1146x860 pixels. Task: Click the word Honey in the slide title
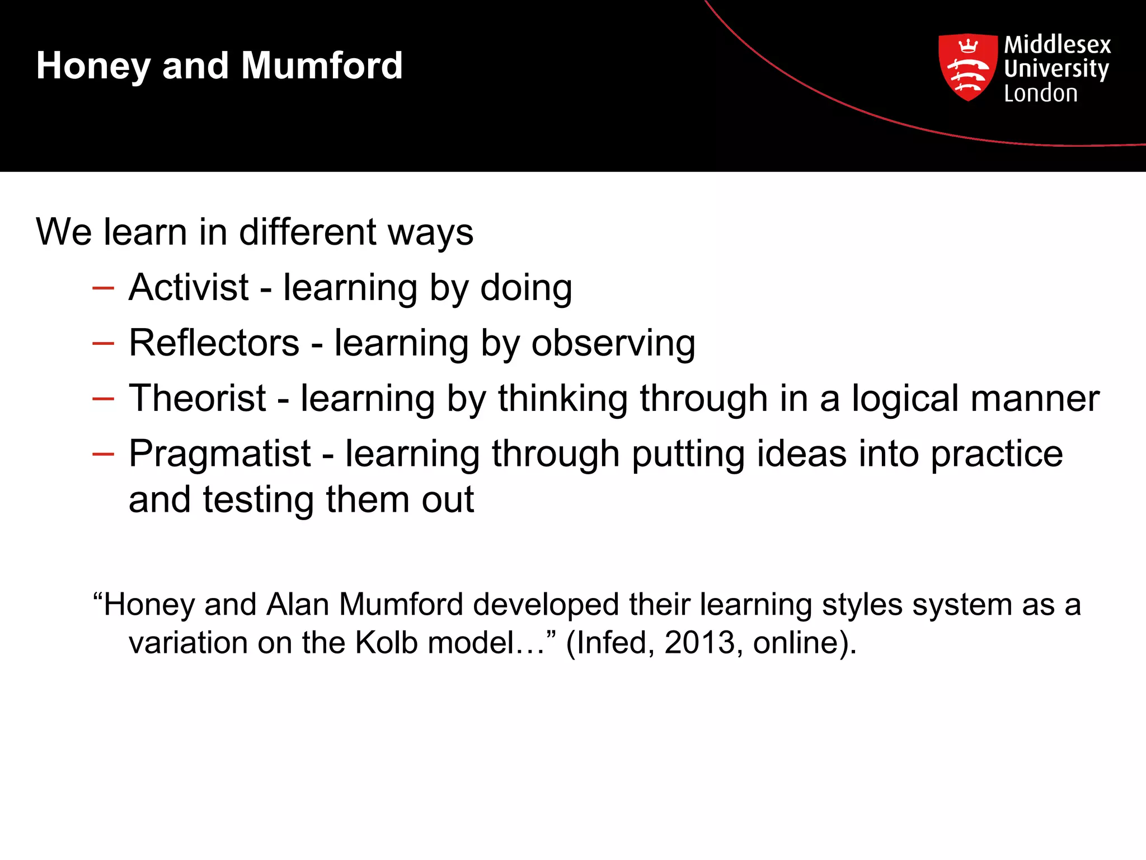tap(93, 66)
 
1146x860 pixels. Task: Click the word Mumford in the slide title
tap(322, 65)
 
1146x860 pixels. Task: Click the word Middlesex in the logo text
tap(1057, 44)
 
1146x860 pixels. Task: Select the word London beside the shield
tap(1040, 93)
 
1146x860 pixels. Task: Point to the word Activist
tap(189, 287)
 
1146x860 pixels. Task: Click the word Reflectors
tap(214, 343)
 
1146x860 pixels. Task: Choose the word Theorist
tap(197, 398)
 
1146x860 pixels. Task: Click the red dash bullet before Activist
tap(104, 288)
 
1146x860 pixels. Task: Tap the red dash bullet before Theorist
tap(104, 399)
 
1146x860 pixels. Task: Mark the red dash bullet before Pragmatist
tap(104, 454)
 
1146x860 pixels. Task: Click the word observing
tap(613, 344)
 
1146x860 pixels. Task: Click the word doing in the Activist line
tap(526, 288)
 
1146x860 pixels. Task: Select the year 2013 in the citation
tap(699, 642)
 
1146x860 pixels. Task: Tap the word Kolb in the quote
tap(386, 642)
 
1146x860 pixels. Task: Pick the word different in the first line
tap(308, 232)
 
